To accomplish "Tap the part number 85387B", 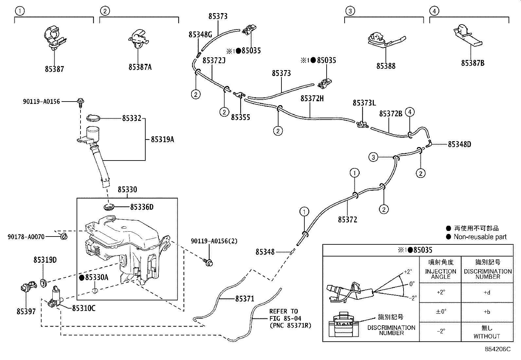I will tap(473, 63).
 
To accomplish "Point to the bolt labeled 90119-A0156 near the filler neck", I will tap(80, 102).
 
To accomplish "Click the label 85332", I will tap(132, 118).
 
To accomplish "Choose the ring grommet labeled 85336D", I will tap(109, 207).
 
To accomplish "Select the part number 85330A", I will tap(96, 277).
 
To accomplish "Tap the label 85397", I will tap(26, 311).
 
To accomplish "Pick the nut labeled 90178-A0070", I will tap(63, 236).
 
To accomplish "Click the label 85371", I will tap(244, 298).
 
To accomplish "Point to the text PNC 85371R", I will tap(290, 325).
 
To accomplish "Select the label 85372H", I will tap(312, 98).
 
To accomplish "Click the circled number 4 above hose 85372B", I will tap(409, 112).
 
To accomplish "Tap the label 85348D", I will tap(459, 144).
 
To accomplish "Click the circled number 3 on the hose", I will tap(373, 157).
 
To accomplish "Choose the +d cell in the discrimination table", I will tap(487, 293).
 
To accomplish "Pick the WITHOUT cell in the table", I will tap(487, 336).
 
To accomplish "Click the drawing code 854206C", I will tap(497, 349).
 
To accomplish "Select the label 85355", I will tap(240, 117).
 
